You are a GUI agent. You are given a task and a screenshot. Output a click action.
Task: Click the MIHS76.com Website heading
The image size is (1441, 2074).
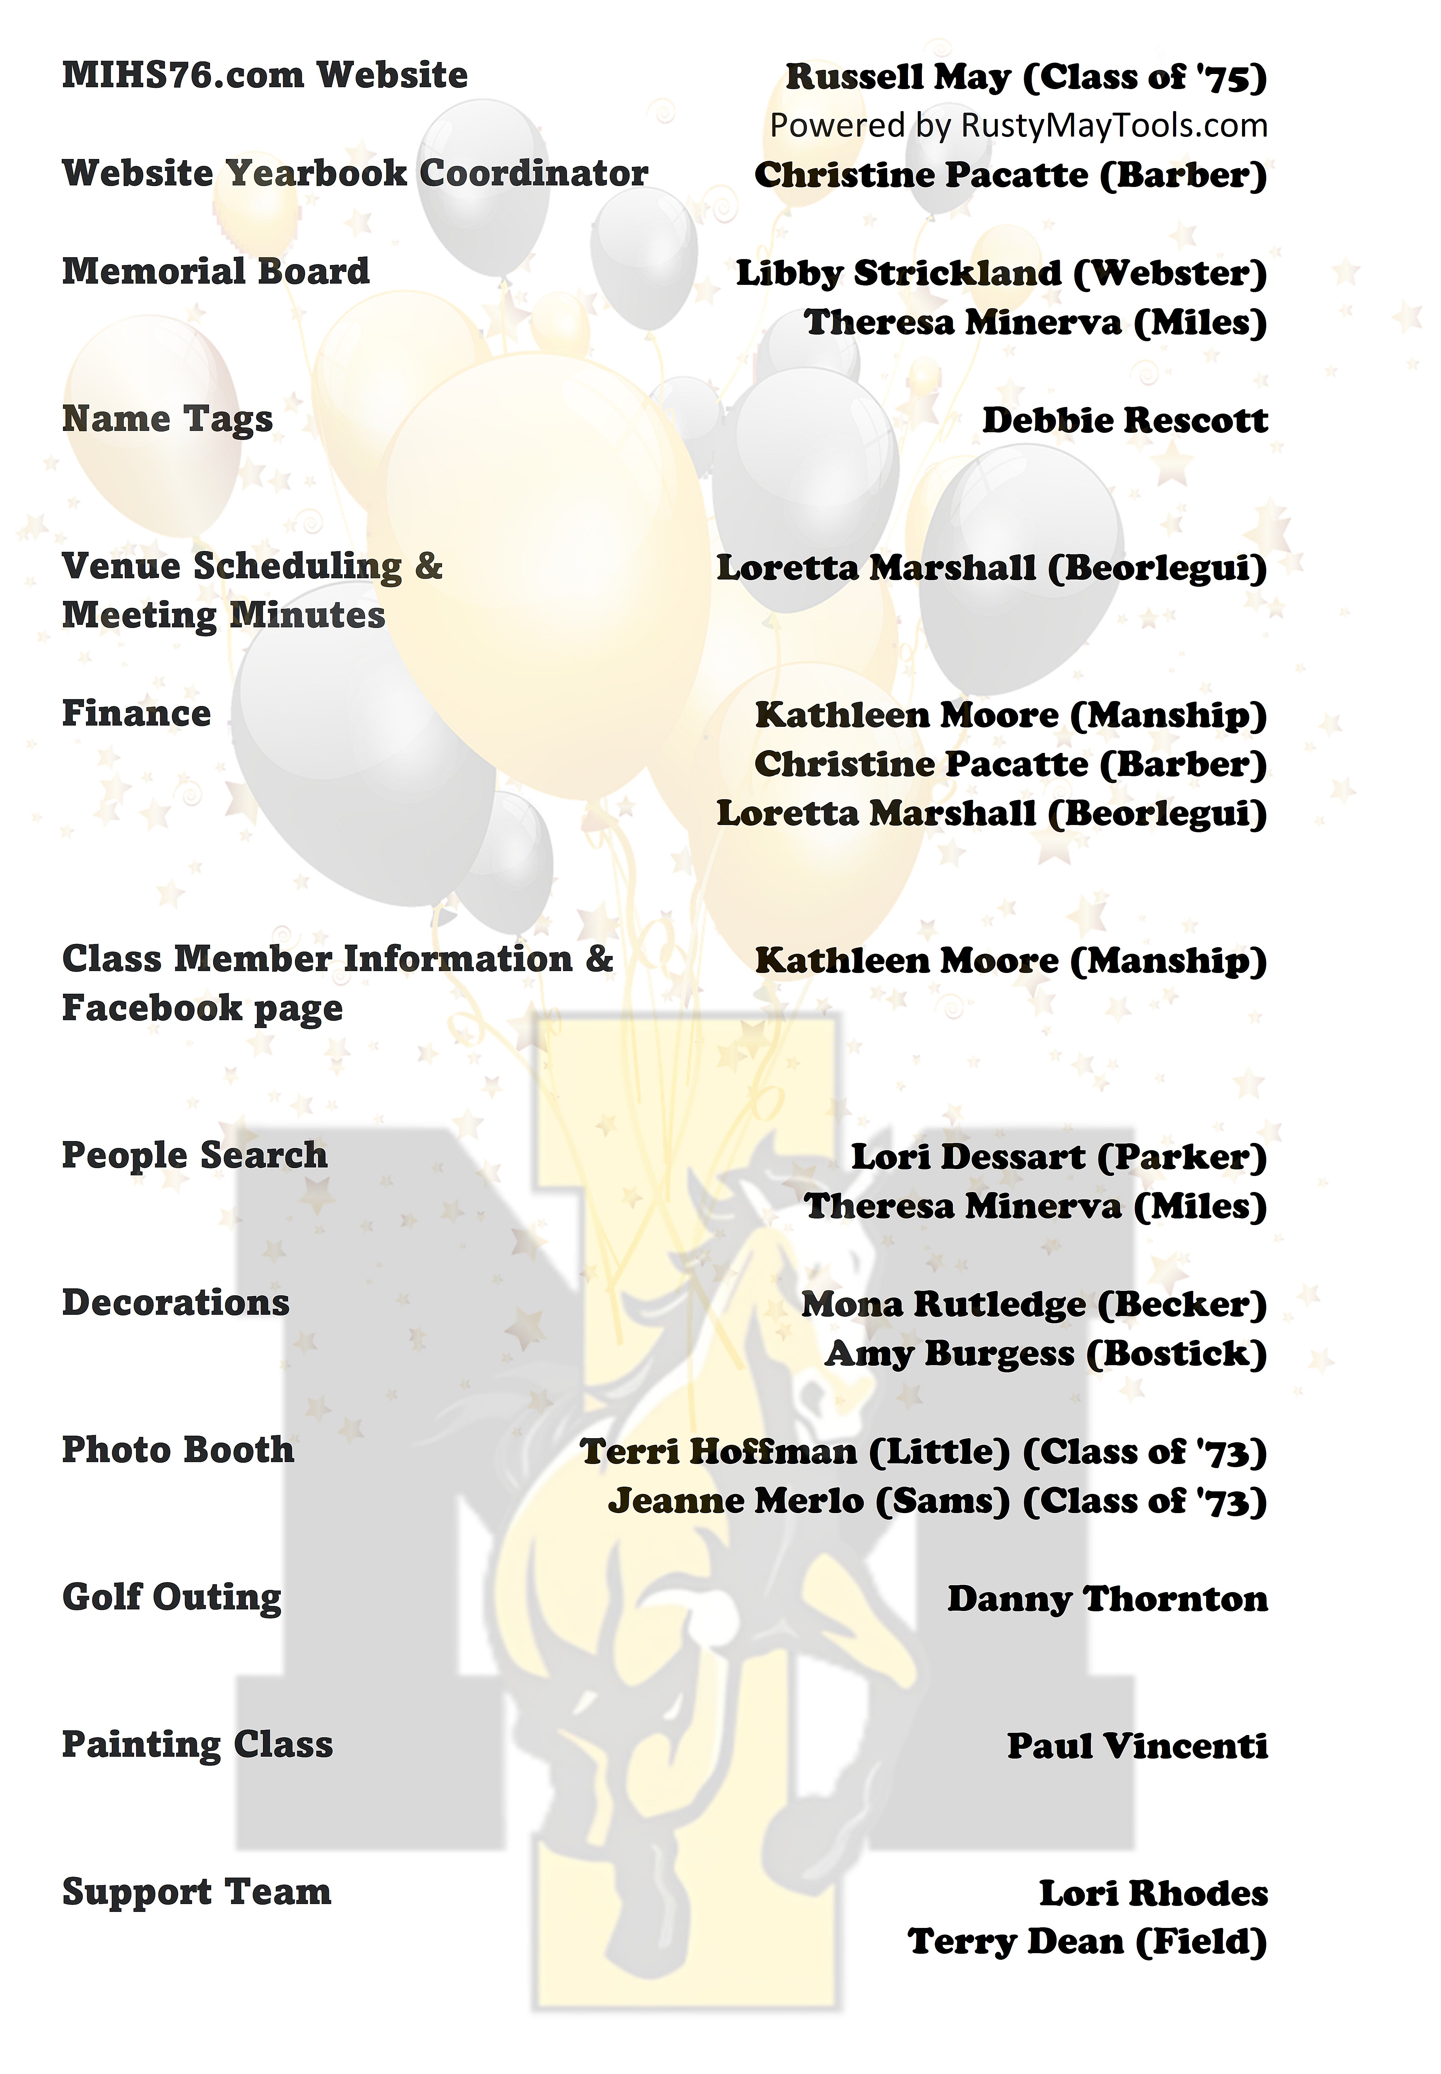264,75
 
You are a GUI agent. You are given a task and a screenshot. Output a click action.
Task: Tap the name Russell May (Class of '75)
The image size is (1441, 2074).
1026,78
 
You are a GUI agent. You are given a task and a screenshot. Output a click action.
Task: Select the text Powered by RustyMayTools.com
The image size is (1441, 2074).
1018,126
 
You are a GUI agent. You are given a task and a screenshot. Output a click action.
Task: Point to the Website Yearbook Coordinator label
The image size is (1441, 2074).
355,173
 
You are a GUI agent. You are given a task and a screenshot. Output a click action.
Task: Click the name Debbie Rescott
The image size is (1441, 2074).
1125,421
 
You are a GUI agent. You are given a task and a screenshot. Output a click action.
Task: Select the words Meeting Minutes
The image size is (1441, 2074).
224,615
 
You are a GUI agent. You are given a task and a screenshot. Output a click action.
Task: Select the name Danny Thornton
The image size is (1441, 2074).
1107,1599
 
